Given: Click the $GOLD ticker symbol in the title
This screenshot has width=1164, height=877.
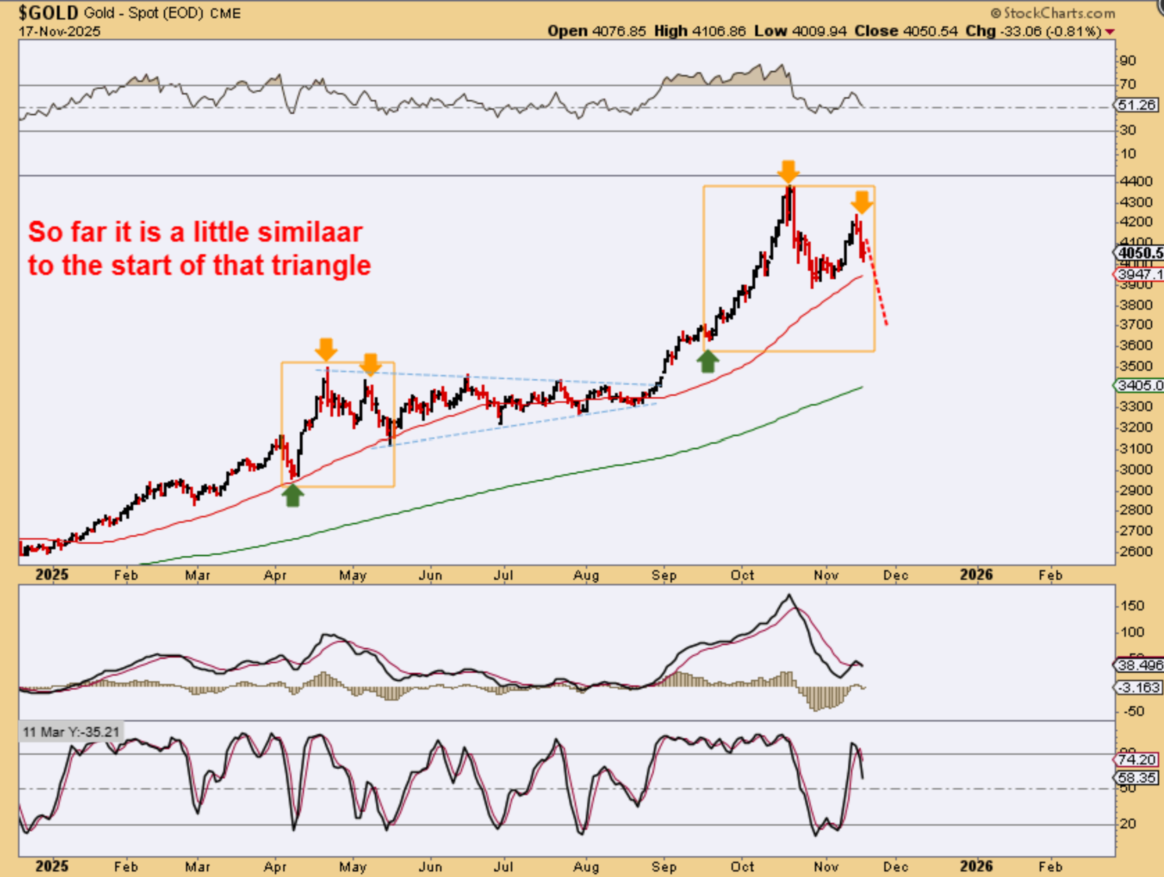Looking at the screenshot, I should [49, 12].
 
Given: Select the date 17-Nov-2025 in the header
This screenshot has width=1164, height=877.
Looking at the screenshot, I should [60, 31].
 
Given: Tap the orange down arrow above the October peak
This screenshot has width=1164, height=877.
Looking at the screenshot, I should [788, 171].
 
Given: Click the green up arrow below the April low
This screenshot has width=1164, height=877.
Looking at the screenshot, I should [293, 495].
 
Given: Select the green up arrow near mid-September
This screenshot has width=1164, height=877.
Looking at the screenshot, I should [707, 361].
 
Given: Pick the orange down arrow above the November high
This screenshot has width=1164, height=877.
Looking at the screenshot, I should [861, 203].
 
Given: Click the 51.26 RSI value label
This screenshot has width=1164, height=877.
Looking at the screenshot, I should [1138, 105].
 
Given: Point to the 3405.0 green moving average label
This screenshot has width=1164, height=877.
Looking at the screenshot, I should [1139, 385].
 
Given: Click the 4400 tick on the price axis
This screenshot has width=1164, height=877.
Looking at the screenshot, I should [1135, 181].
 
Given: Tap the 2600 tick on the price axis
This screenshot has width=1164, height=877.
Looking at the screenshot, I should [1135, 551].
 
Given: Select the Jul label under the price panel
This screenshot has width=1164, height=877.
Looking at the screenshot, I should [503, 576].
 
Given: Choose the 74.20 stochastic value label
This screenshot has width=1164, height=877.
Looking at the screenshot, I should [1138, 760].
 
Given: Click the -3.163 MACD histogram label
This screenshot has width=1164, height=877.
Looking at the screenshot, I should [1138, 687].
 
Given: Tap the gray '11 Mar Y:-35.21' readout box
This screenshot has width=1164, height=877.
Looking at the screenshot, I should [71, 732].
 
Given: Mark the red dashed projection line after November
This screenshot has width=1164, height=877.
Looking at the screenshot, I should [877, 285].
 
